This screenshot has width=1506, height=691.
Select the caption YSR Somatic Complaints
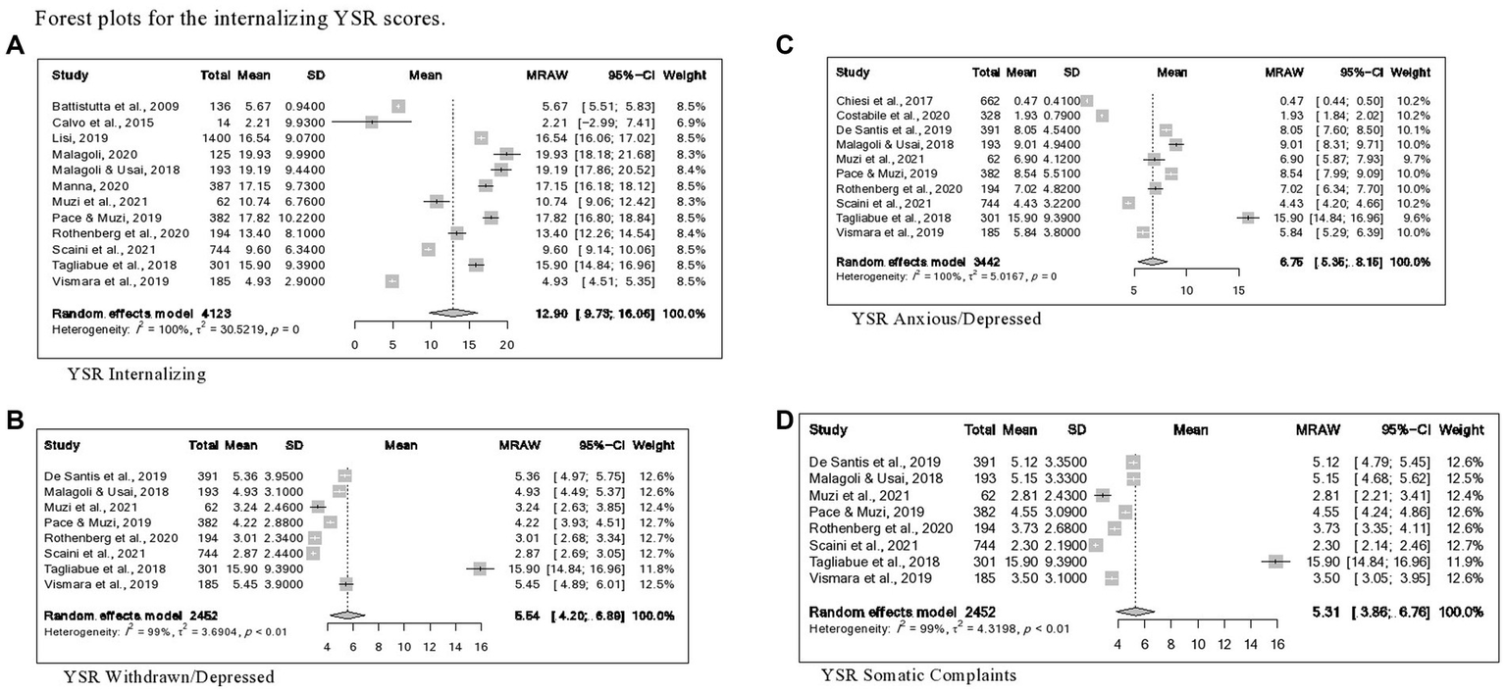[918, 674]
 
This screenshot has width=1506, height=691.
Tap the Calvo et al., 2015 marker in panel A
[372, 122]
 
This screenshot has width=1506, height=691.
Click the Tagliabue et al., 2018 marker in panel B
[480, 568]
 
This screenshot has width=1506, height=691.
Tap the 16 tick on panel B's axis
[480, 648]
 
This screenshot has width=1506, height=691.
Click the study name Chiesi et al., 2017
[885, 100]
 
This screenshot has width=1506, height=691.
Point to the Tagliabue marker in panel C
[1247, 217]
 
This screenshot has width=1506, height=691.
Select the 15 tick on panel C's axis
[1237, 290]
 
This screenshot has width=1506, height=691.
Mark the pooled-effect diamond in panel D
[1136, 611]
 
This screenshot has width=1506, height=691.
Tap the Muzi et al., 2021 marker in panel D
[1102, 496]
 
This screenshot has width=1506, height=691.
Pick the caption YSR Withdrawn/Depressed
[168, 675]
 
